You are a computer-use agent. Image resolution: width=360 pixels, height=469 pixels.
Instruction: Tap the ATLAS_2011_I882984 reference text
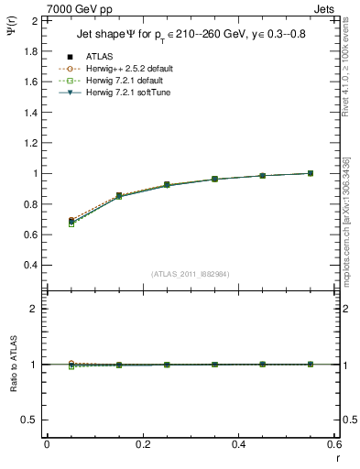tap(190, 274)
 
